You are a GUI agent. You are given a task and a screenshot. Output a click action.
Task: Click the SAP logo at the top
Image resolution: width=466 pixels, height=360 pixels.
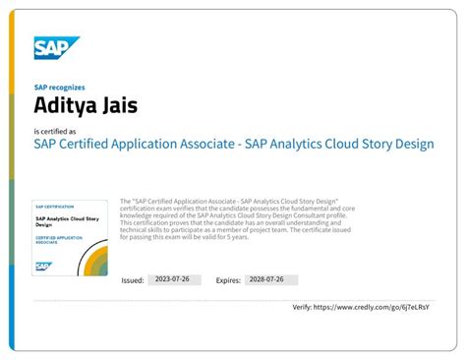(x=56, y=48)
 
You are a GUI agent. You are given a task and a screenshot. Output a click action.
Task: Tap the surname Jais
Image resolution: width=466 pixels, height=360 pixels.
(x=116, y=103)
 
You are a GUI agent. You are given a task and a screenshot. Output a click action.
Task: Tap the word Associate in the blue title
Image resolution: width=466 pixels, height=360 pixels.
(x=213, y=144)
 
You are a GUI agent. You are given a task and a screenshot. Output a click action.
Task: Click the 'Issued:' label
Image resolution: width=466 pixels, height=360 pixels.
(x=133, y=280)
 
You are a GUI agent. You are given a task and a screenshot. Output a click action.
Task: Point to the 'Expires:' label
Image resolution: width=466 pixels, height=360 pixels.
(x=228, y=280)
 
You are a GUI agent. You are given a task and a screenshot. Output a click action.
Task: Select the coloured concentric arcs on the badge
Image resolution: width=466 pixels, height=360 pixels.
(x=96, y=262)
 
